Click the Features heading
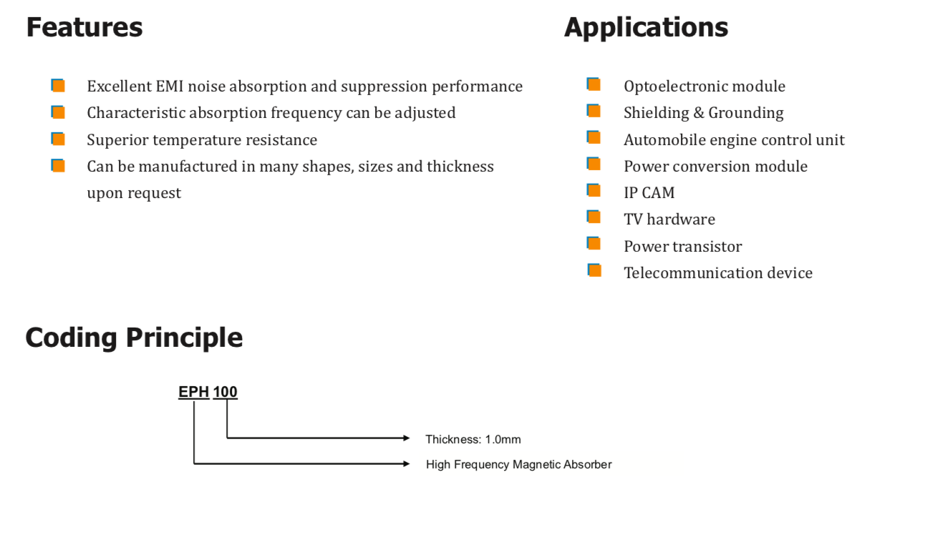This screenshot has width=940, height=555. (x=84, y=28)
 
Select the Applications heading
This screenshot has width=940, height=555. (x=646, y=28)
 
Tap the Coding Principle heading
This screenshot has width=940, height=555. (x=134, y=338)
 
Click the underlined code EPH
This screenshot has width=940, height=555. (x=193, y=392)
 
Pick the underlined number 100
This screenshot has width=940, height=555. (x=225, y=392)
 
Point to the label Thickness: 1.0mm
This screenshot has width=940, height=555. (x=473, y=439)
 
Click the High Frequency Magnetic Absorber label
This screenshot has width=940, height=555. (x=518, y=465)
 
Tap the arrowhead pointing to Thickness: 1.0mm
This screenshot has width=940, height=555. (x=407, y=438)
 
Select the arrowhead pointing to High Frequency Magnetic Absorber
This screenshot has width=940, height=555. (x=407, y=463)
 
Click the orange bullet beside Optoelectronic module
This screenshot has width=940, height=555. (x=593, y=84)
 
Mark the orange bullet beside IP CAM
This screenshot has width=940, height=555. (x=593, y=190)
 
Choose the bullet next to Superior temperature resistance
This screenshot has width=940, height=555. (x=58, y=139)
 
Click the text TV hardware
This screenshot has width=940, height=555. (x=669, y=220)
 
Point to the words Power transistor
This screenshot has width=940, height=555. (x=682, y=247)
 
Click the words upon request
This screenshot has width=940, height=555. (x=134, y=193)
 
